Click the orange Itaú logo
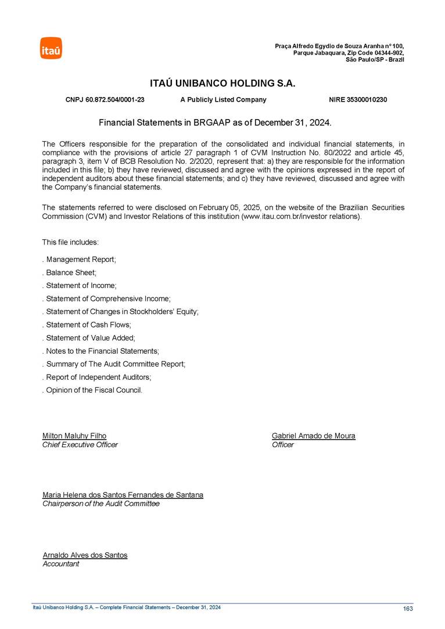pos(51,48)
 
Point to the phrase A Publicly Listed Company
pos(223,100)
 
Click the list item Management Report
pos(80,260)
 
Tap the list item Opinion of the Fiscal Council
pos(92,390)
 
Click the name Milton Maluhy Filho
pos(74,436)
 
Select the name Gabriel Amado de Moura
pos(313,436)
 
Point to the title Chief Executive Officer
pos(80,445)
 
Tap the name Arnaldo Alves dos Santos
pos(85,555)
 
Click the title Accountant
pos(61,564)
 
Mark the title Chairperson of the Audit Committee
pos(101,504)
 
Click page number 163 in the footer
pos(407,609)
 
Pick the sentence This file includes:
pos(71,242)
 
